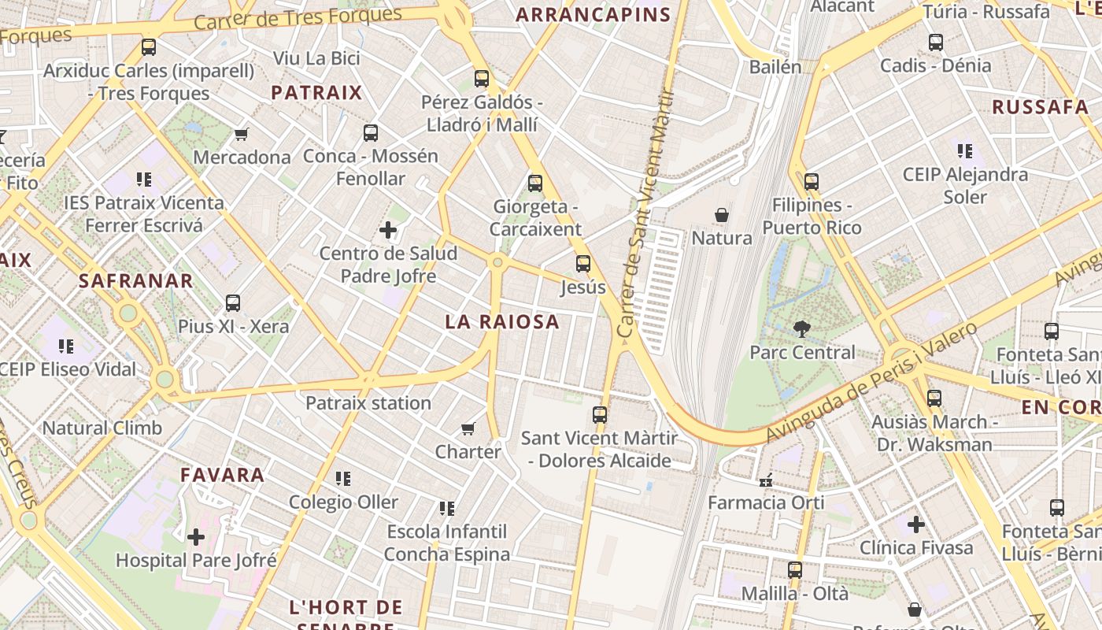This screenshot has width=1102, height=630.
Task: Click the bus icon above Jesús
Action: pyautogui.click(x=582, y=264)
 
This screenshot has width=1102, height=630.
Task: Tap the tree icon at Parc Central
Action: pyautogui.click(x=801, y=328)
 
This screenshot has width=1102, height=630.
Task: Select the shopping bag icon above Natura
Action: pyautogui.click(x=721, y=214)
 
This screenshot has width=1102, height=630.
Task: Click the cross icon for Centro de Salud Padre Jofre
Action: pyautogui.click(x=387, y=230)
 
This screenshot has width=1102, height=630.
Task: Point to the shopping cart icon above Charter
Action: pyautogui.click(x=468, y=428)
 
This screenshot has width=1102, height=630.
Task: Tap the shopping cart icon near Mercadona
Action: pyautogui.click(x=242, y=134)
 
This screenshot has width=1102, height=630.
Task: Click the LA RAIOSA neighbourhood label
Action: pyautogui.click(x=501, y=321)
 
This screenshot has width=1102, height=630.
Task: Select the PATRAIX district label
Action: pyautogui.click(x=316, y=93)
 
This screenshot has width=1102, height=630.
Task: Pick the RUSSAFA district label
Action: pyautogui.click(x=1040, y=107)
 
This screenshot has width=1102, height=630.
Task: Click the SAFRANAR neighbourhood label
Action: pyautogui.click(x=135, y=281)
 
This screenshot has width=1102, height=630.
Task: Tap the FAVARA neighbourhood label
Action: pyautogui.click(x=223, y=475)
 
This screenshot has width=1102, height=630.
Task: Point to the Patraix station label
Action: pyautogui.click(x=368, y=403)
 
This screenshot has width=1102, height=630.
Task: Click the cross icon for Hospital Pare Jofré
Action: pyautogui.click(x=195, y=537)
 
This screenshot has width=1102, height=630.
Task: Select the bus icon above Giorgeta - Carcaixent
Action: pyautogui.click(x=535, y=183)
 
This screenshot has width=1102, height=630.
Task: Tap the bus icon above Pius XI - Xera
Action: pyautogui.click(x=233, y=303)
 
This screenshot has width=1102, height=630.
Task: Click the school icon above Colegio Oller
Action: pyautogui.click(x=342, y=479)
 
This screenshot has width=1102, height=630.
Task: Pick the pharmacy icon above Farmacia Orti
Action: pyautogui.click(x=765, y=480)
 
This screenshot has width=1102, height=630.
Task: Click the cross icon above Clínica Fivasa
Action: pyautogui.click(x=915, y=524)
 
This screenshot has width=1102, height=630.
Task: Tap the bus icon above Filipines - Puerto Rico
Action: pyautogui.click(x=812, y=182)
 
